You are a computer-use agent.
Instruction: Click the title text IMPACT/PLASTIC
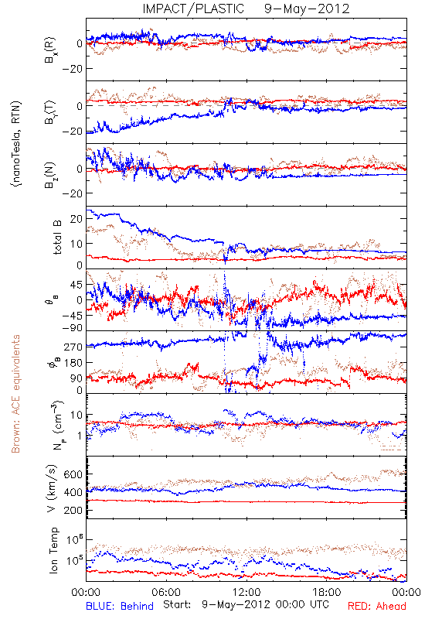click(x=193, y=9)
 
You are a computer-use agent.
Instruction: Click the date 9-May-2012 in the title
click(x=307, y=9)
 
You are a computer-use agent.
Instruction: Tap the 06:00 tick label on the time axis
click(x=166, y=592)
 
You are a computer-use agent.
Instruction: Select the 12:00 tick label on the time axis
click(x=246, y=592)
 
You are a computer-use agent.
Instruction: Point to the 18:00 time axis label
click(x=327, y=592)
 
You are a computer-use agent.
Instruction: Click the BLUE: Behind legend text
click(x=120, y=606)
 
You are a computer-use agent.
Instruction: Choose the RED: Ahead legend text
click(x=376, y=606)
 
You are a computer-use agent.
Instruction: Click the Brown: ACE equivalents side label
click(x=15, y=394)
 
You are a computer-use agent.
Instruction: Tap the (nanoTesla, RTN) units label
click(x=16, y=143)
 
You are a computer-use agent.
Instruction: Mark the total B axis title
click(x=57, y=238)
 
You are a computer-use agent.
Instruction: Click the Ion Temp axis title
click(x=53, y=550)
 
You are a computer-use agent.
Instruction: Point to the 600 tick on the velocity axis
click(x=73, y=474)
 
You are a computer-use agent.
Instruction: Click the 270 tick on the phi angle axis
click(x=73, y=347)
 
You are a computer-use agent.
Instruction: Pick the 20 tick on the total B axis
click(x=76, y=219)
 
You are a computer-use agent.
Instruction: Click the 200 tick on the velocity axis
click(x=73, y=511)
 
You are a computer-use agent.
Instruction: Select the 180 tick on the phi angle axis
click(x=73, y=362)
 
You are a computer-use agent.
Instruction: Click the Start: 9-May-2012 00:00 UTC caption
click(x=246, y=604)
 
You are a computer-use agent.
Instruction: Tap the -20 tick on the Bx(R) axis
click(x=72, y=68)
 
